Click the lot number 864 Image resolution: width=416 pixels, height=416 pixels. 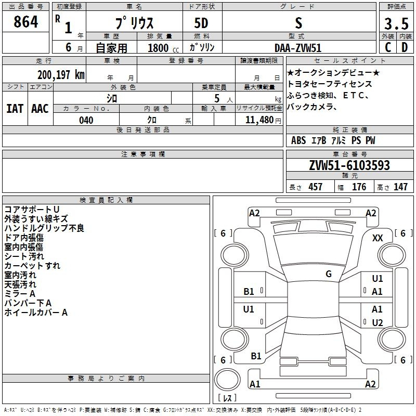click(x=25, y=22)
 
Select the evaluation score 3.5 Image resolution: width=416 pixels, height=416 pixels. click(x=396, y=23)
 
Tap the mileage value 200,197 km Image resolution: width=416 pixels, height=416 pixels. click(x=61, y=75)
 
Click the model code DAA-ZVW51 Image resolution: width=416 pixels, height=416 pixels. click(x=298, y=48)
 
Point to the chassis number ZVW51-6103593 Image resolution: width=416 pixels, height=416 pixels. click(x=349, y=165)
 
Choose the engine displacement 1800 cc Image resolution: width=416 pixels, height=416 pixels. click(x=163, y=48)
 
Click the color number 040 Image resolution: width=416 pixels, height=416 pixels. click(x=86, y=120)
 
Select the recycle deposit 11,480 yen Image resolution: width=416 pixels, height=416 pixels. click(x=263, y=120)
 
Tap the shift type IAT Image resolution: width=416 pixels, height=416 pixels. click(x=15, y=109)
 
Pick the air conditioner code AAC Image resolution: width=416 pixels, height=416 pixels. click(x=40, y=109)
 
